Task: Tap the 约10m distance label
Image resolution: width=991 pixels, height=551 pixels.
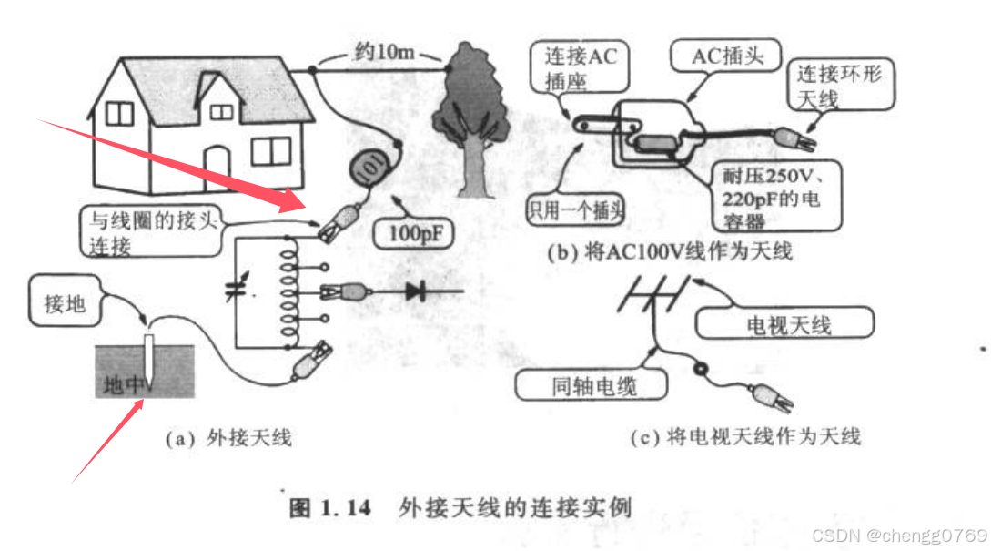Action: tap(381, 52)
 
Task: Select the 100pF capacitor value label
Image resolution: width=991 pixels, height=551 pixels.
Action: tap(412, 232)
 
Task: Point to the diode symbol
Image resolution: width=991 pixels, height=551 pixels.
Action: tap(416, 291)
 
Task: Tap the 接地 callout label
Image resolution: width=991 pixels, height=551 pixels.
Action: tap(65, 303)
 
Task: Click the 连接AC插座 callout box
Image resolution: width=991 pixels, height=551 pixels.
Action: tap(581, 68)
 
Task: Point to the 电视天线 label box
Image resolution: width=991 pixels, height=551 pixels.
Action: tap(788, 323)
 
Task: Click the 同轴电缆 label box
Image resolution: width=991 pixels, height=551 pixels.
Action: tap(592, 385)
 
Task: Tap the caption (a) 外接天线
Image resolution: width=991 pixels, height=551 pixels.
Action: tap(228, 438)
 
